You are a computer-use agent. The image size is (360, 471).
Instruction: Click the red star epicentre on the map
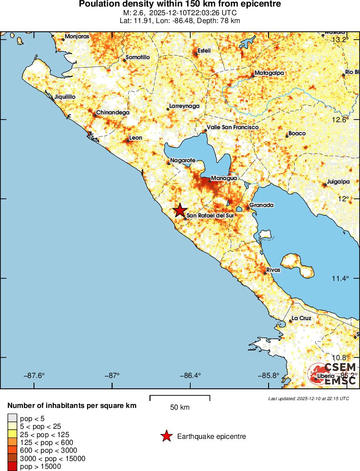180,210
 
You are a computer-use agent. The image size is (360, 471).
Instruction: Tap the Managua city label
224,178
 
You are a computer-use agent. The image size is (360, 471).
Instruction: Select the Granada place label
261,205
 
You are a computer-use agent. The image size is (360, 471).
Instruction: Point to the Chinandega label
113,113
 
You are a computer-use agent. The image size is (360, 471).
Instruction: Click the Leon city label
136,138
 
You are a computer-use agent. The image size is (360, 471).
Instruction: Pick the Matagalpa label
269,73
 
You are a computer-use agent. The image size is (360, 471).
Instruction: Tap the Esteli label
204,51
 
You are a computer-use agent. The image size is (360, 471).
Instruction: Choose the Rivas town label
273,270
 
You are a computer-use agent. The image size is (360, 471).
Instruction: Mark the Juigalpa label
339,182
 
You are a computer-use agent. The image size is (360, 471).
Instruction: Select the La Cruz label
301,318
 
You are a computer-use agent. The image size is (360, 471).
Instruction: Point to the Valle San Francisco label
232,127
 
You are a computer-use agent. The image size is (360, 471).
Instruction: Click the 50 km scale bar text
180,408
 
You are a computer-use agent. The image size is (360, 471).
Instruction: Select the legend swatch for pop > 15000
12,467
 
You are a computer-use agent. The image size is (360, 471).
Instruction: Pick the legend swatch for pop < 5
12,419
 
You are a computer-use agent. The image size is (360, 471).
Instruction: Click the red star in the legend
166,436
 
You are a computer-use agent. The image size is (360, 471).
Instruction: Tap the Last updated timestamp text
309,398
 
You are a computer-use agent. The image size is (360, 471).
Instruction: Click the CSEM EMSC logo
333,374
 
